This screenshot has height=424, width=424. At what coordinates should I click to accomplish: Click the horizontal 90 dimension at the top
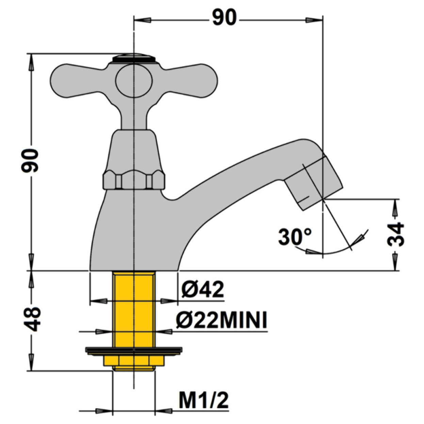pyautogui.click(x=224, y=18)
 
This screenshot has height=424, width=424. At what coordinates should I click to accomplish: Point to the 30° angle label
pyautogui.click(x=294, y=237)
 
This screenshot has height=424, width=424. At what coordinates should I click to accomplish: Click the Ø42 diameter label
pyautogui.click(x=202, y=290)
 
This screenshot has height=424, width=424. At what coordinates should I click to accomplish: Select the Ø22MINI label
pyautogui.click(x=222, y=320)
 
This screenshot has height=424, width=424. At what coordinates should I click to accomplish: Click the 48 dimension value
pyautogui.click(x=34, y=319)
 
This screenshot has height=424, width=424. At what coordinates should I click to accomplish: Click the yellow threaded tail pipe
pyautogui.click(x=134, y=310)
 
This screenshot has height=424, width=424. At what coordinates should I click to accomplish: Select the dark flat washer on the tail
pyautogui.click(x=134, y=350)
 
